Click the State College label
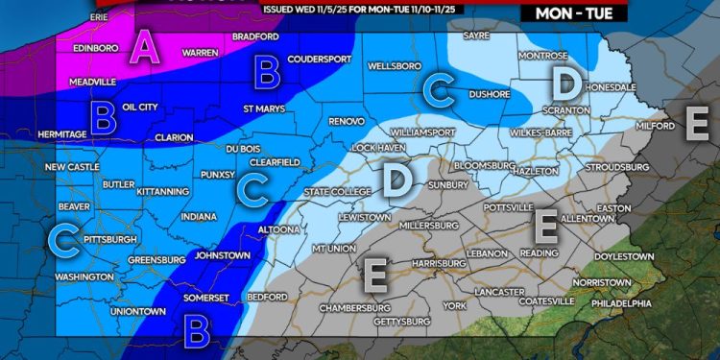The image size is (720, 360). [337, 192]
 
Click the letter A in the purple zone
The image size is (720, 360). [145, 46]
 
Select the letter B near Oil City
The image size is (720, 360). [104, 117]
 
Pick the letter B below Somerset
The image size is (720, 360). [198, 331]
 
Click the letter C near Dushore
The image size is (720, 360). [440, 90]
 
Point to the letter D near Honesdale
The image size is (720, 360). [567, 82]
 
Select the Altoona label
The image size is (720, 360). [279, 230]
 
